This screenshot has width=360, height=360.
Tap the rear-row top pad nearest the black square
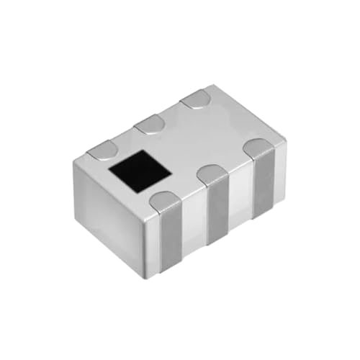coord(102,150)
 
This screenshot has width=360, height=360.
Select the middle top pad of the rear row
coord(150,125)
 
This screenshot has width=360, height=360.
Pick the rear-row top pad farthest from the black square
coord(196,100)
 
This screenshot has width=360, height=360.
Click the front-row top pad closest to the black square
coord(166,202)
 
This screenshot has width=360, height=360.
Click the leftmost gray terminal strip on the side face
coord(169,238)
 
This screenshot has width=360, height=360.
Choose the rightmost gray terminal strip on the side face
coord(264,184)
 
